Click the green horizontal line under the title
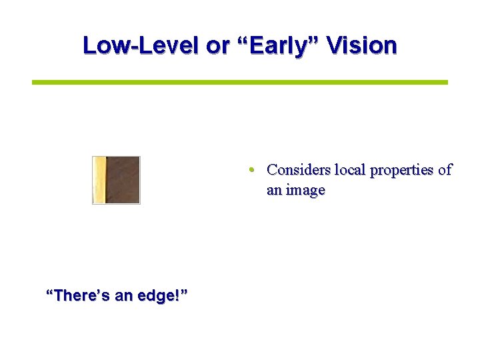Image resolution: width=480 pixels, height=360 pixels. point(240,82)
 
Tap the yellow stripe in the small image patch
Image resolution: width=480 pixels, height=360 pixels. point(99,180)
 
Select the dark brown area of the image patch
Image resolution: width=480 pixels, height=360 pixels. point(123,180)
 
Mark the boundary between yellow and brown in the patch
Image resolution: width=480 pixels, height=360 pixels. point(106,180)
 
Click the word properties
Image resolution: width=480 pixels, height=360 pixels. point(401,171)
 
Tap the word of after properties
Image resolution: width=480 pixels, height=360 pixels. point(445,170)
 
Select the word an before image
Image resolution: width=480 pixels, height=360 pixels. point(274,190)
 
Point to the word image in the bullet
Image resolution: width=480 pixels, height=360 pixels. point(305,191)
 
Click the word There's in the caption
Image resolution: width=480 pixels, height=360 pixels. point(81,295)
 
